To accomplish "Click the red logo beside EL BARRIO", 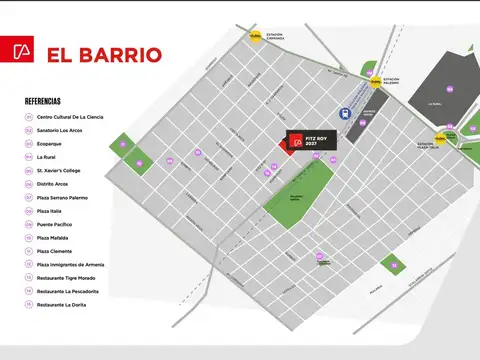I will pos(23,52).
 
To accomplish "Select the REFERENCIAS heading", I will pos(42,101).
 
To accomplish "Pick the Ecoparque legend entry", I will pos(52,143).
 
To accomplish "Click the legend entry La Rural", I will pos(47,157).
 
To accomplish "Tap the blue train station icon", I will pos(345,114).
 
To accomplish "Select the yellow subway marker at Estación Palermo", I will pos(375,82).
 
